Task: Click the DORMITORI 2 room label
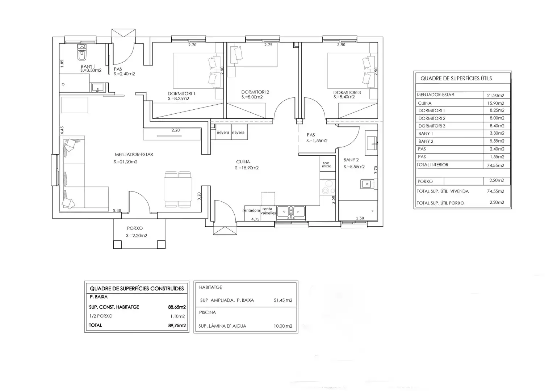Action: tap(255, 92)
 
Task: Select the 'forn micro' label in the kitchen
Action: tap(326, 165)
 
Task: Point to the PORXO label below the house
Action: tap(135, 228)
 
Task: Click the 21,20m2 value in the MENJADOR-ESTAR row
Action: tap(495, 95)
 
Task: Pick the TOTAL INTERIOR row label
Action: tap(432, 165)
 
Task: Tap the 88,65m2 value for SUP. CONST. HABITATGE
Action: tap(177, 307)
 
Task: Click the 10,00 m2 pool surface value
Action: tap(283, 326)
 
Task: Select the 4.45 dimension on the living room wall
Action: tap(62, 130)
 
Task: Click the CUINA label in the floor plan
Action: tap(243, 162)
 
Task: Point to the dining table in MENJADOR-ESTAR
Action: tap(178, 189)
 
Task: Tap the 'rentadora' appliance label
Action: tap(251, 210)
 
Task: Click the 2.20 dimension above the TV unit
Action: tap(176, 130)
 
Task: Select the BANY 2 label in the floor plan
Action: tap(351, 160)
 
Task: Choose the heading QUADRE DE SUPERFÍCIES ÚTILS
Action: tap(456, 79)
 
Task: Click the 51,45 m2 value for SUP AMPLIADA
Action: tap(283, 300)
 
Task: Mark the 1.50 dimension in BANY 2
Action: tap(360, 218)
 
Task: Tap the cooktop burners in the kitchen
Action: tap(328, 187)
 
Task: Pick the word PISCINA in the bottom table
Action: tap(208, 312)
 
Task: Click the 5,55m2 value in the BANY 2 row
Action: tap(497, 141)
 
